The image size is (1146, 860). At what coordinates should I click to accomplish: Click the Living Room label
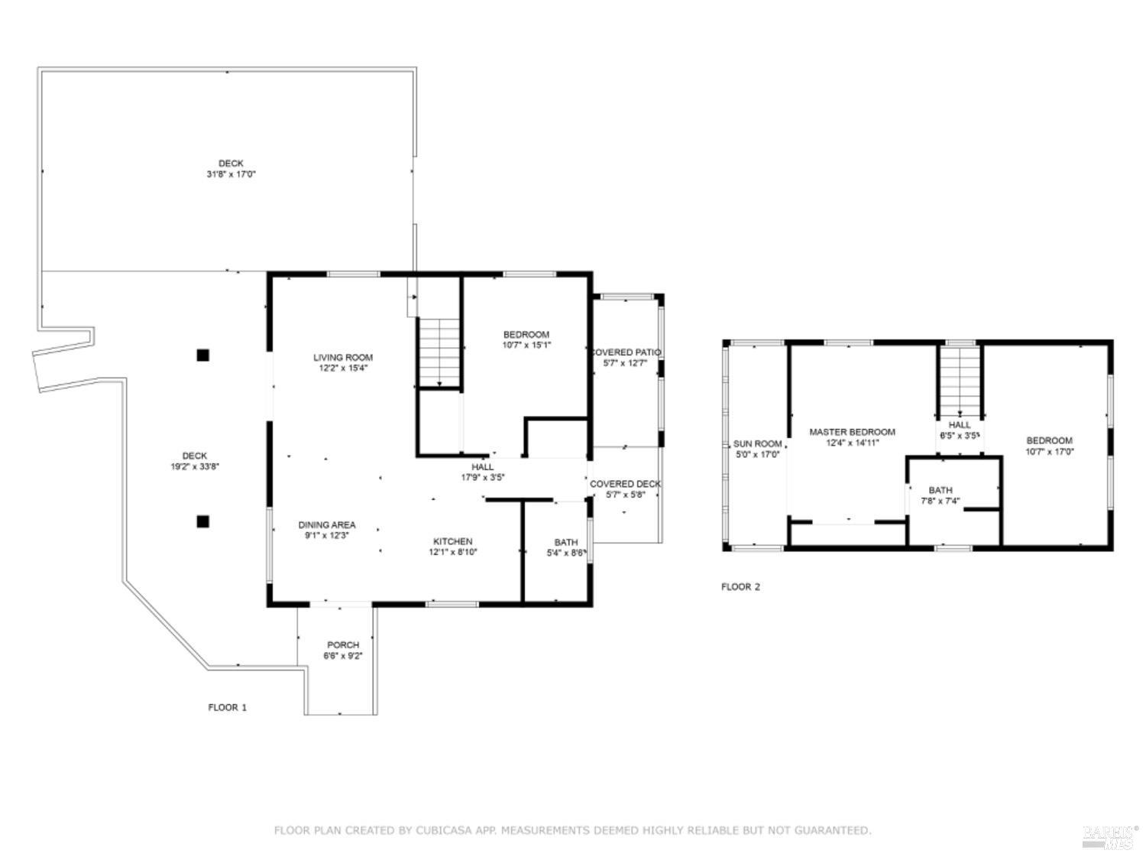click(343, 357)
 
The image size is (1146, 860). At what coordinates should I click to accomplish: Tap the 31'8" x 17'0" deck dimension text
click(231, 174)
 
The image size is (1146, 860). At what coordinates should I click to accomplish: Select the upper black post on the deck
click(202, 355)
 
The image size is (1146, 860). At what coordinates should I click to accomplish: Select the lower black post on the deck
click(202, 521)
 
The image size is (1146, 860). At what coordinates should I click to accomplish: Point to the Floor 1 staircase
click(440, 352)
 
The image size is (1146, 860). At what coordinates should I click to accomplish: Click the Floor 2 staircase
click(960, 379)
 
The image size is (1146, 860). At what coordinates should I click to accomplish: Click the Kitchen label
click(453, 541)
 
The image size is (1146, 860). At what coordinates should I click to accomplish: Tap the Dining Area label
click(326, 525)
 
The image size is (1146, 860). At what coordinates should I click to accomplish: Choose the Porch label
click(343, 644)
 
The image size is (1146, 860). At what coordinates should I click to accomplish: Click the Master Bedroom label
click(852, 432)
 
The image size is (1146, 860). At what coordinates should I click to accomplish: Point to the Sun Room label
click(757, 443)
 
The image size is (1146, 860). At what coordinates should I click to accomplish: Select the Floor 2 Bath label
click(940, 490)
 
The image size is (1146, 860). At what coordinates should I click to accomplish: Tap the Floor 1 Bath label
click(566, 542)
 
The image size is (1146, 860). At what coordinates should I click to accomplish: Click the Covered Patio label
click(626, 352)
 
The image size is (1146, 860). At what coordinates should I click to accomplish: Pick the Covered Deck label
click(625, 484)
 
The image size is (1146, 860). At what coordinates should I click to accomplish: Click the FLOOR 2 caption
click(740, 587)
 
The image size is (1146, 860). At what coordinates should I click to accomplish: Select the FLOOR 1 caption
click(228, 707)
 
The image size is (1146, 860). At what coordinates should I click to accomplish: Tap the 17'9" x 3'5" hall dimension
click(483, 477)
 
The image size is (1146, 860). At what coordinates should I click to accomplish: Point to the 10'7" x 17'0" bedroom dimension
click(1049, 451)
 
